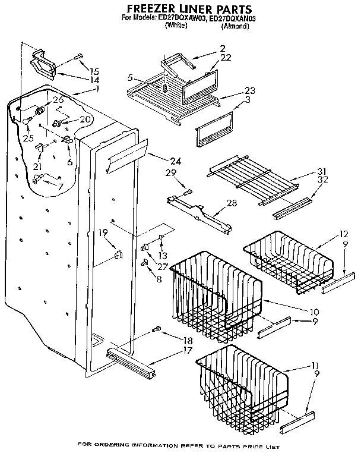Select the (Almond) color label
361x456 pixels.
(234, 26)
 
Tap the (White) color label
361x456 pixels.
(176, 26)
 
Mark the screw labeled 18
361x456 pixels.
(157, 328)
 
